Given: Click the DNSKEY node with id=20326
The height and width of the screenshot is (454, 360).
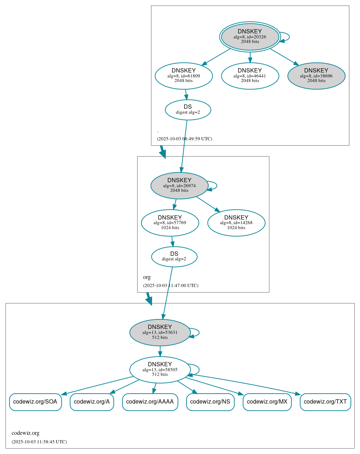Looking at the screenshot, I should tap(250, 37).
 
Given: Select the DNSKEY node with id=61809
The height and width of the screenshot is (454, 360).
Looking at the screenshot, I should tap(184, 76).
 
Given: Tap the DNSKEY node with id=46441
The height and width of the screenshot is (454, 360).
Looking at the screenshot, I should tap(250, 76).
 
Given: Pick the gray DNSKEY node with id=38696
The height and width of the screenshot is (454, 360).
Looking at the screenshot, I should tap(316, 76).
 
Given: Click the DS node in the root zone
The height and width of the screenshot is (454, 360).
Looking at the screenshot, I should tap(188, 110).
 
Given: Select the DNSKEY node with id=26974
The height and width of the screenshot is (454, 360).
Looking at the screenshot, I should tap(179, 185).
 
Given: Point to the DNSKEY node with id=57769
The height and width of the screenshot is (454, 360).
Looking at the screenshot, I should tap(170, 223).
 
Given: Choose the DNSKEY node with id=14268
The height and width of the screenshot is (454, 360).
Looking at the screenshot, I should tap(236, 223).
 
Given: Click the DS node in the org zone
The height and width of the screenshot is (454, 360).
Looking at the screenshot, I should tap(174, 256).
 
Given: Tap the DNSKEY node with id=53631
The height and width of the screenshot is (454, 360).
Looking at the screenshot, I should tap(160, 333).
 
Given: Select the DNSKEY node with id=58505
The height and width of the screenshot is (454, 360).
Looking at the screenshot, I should tap(160, 369).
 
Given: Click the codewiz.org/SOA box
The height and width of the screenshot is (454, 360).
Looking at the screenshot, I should tap(36, 402).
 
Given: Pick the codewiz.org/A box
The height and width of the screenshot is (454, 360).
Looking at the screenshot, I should tap(92, 402).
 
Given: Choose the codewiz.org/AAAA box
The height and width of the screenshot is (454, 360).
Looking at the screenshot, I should tap(150, 402).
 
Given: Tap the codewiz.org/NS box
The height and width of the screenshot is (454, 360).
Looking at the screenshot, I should tap(210, 402).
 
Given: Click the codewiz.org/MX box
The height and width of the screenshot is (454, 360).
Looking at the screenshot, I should tap(267, 402).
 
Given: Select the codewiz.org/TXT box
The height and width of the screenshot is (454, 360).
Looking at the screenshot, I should tap(325, 402).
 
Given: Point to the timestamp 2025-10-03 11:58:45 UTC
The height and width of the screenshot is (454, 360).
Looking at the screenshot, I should tap(39, 442).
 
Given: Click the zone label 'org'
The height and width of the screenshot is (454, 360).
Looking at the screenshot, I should tap(147, 277).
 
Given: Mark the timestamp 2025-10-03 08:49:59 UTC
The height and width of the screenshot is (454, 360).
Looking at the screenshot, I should tap(184, 139).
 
